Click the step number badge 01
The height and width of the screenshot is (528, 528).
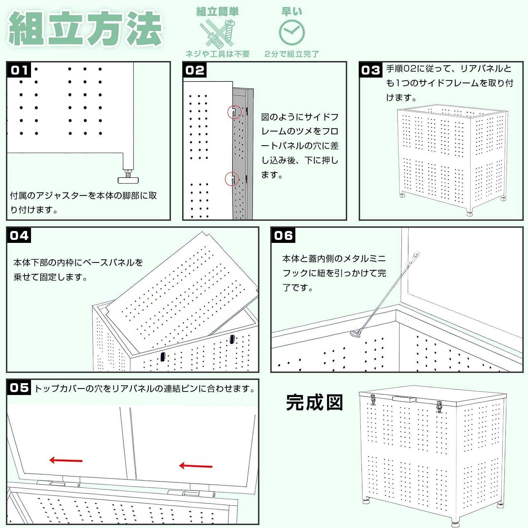(x=19, y=70)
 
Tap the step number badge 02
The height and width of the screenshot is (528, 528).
(x=195, y=70)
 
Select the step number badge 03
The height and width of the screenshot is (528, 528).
(x=371, y=70)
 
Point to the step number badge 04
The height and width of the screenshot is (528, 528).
(x=19, y=235)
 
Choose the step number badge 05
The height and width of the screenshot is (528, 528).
(x=19, y=387)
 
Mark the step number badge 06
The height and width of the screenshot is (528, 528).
(x=283, y=235)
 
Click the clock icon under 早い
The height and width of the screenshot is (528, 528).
(x=292, y=32)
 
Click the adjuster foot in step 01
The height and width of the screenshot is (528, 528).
(x=128, y=179)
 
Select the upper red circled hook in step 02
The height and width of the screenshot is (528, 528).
(x=234, y=112)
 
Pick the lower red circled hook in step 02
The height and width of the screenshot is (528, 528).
(x=232, y=179)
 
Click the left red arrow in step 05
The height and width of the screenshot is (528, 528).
(x=66, y=460)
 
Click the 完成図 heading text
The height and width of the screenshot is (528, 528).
(x=314, y=403)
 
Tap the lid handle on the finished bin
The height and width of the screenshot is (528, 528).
(x=404, y=399)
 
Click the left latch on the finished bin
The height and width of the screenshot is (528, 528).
(x=373, y=400)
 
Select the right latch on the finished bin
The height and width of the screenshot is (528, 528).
(x=439, y=407)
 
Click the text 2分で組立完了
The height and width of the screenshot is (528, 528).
(x=292, y=54)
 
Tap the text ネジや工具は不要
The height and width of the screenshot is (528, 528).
(x=217, y=54)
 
